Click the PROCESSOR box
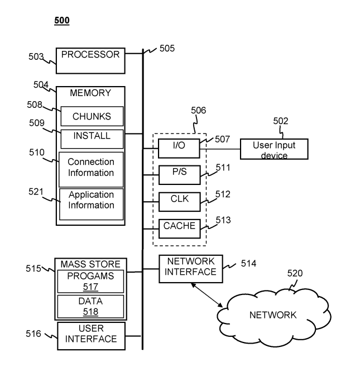90,60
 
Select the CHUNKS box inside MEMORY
92,117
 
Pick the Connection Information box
91,168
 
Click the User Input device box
273,150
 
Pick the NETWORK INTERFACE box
191,269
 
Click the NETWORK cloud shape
273,314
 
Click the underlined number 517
90,287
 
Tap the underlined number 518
90,311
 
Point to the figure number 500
61,21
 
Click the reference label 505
167,49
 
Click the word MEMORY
90,93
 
